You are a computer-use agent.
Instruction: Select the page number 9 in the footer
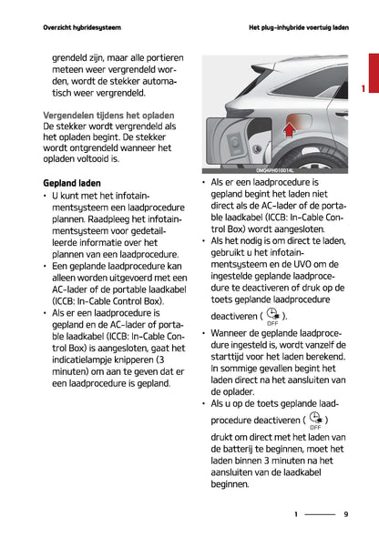pyautogui.click(x=346, y=514)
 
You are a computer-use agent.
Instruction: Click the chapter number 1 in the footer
pyautogui.click(x=295, y=514)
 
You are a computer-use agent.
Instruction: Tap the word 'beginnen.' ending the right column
pyautogui.click(x=229, y=485)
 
